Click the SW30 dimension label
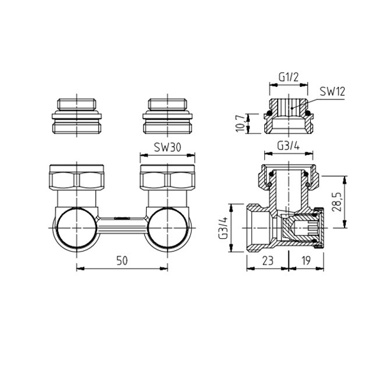pyautogui.click(x=167, y=147)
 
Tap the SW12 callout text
pyautogui.click(x=332, y=91)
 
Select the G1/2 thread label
pyautogui.click(x=289, y=77)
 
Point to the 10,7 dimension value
pyautogui.click(x=241, y=123)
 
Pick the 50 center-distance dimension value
pyautogui.click(x=122, y=260)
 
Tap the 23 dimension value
pyautogui.click(x=267, y=260)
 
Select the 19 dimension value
pyautogui.click(x=306, y=260)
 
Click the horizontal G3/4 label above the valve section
pyautogui.click(x=289, y=146)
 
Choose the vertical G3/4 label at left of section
pyautogui.click(x=223, y=228)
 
